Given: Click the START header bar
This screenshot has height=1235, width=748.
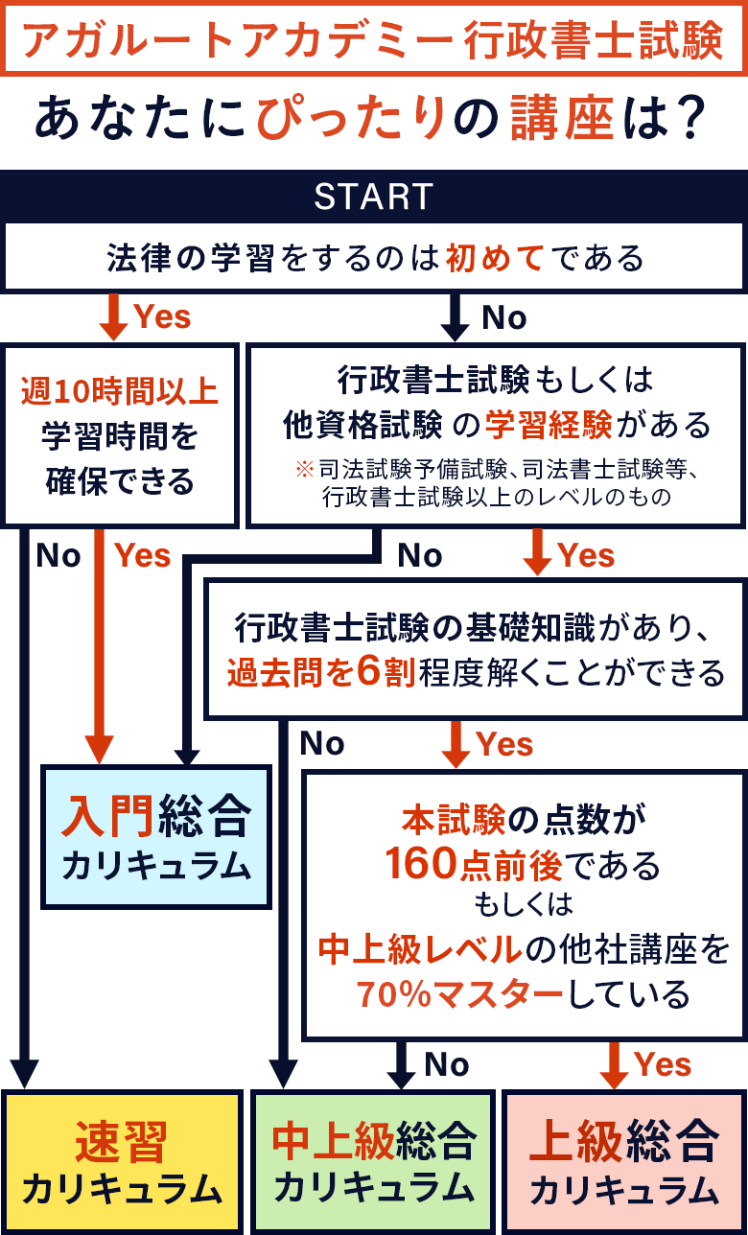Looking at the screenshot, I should coord(374,197).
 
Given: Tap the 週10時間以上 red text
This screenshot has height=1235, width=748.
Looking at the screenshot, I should coord(120,391).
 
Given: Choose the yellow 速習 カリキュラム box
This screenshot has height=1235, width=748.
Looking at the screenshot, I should coord(122,1162).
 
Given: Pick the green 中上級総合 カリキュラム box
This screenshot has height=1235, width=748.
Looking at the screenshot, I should coord(374,1162).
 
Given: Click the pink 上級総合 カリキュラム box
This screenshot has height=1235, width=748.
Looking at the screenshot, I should coord(624,1162).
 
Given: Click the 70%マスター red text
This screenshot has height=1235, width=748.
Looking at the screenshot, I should coord(459,993).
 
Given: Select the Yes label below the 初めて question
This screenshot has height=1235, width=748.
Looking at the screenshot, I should coord(162,317).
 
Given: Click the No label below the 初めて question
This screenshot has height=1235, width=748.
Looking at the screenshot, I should coord(504,317).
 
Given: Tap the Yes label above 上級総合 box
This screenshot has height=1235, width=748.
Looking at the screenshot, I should coord(663,1064).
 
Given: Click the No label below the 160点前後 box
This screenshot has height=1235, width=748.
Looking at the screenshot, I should coord(447,1064).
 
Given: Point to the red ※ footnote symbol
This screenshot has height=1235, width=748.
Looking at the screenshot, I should coord(304,470).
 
